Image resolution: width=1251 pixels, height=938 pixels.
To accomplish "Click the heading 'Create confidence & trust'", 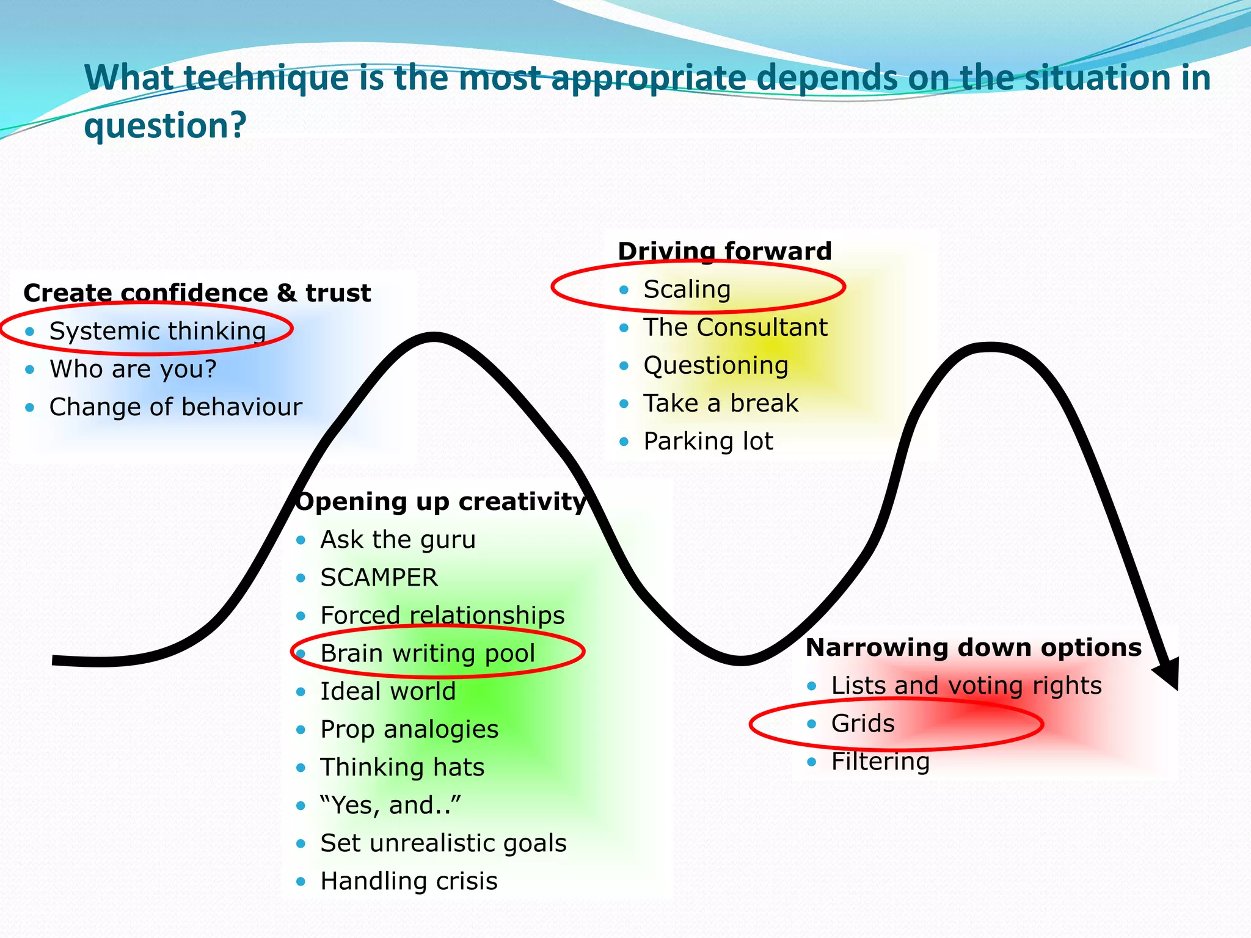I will pos(197,293).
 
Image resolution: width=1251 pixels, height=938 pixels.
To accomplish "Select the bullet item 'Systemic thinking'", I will pos(158,331).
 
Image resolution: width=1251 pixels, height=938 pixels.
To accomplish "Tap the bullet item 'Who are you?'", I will pos(133,369).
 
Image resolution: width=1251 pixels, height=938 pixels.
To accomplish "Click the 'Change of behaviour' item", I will pos(176,407).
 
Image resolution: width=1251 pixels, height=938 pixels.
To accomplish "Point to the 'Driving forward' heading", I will pos(724,251).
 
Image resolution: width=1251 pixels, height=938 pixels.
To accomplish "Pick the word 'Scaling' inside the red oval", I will pos(687,289).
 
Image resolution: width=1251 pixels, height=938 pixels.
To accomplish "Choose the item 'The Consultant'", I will pos(735,327).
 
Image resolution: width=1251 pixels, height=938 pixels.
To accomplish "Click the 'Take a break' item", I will pos(721,403).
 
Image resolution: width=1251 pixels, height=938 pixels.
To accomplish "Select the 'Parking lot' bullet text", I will pos(709,441).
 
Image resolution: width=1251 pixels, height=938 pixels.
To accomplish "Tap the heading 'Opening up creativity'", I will pos(441,501).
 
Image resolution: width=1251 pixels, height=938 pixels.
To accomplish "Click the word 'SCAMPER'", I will pos(379,578).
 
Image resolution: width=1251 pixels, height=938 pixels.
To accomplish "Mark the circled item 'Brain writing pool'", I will pos(428,653).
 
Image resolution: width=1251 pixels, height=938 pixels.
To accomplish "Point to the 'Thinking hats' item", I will pos(403,768).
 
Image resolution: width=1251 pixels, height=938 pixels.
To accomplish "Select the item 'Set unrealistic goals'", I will pos(443,843).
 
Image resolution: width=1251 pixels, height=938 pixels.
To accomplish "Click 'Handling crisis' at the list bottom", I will pos(409,881).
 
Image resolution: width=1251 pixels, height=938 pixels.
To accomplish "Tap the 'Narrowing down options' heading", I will pos(974,647).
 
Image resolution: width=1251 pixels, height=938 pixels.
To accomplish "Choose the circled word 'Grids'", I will pos(863,724).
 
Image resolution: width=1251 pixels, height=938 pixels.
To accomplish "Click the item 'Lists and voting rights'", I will pos(966,686).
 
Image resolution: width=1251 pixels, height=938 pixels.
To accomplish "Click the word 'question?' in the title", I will pos(165,125).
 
